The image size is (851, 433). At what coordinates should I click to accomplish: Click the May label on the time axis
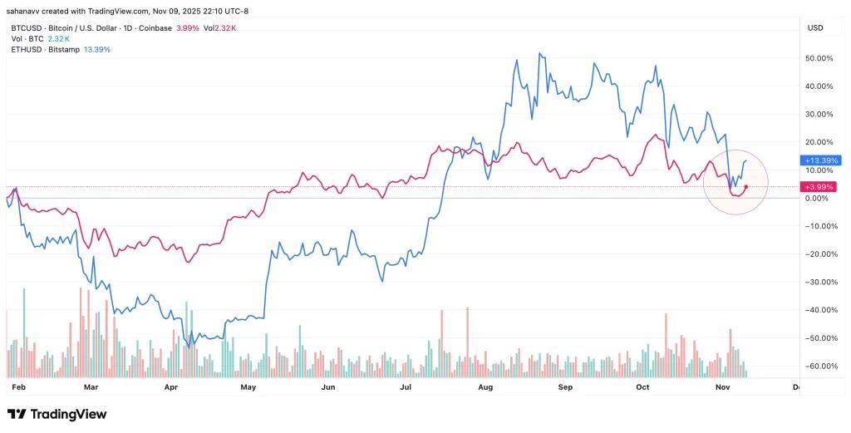point(248,387)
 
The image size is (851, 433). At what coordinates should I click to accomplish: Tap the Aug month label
point(486,387)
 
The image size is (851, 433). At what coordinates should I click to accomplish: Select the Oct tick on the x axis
point(643,387)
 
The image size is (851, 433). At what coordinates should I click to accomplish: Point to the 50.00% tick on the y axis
point(820,59)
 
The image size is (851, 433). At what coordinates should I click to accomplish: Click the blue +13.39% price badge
point(820,160)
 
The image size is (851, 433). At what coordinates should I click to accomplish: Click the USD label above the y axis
point(814,28)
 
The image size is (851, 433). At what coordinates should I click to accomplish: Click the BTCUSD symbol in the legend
point(25,28)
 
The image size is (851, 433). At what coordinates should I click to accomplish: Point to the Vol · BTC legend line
point(22,39)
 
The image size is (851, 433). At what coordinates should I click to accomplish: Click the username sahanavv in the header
point(27,11)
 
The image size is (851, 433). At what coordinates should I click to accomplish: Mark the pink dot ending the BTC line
point(746,186)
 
